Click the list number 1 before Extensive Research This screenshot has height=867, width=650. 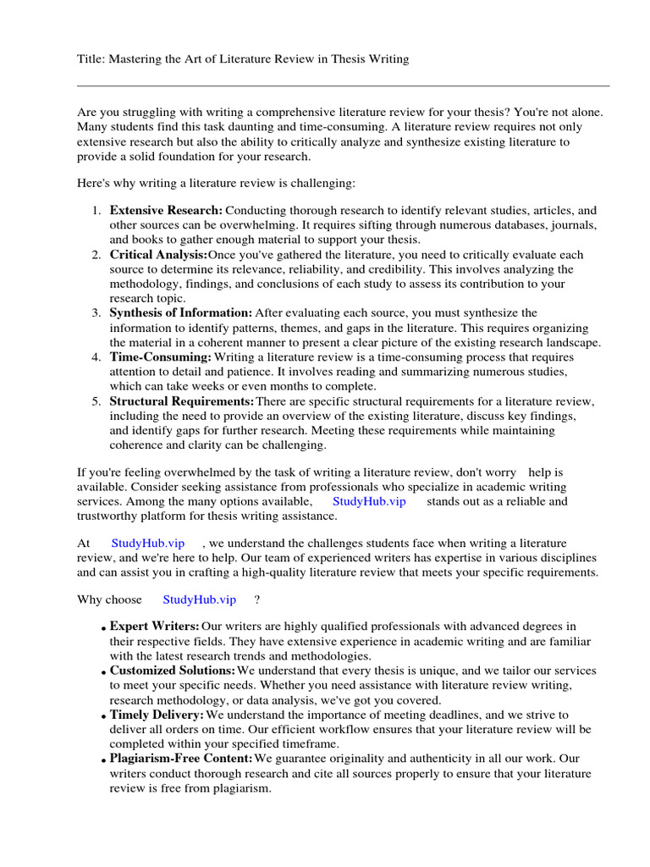[x=97, y=210]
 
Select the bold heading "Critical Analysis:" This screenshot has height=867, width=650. [x=158, y=255]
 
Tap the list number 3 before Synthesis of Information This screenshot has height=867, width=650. [x=97, y=313]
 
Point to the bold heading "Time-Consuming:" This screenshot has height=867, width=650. [x=160, y=357]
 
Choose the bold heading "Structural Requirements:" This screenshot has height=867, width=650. [x=181, y=401]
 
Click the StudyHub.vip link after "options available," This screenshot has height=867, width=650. [x=369, y=501]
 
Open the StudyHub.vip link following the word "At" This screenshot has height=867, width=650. [x=147, y=543]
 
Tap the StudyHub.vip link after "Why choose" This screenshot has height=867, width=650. [x=199, y=599]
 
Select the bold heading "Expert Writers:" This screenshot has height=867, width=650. [x=155, y=626]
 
